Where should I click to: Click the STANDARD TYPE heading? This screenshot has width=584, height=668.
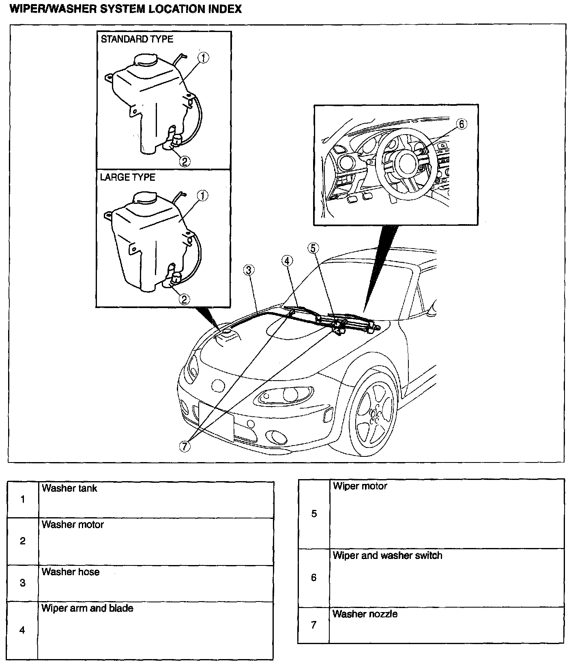pos(137,39)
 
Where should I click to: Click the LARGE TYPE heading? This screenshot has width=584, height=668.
pos(127,178)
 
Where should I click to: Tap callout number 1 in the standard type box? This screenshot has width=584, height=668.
pos(203,58)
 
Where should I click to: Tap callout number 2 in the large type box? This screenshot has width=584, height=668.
pos(184,300)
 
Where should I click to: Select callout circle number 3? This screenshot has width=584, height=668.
pos(249,269)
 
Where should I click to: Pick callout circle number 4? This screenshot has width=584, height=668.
pos(287,261)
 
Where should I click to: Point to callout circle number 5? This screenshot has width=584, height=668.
pos(313,248)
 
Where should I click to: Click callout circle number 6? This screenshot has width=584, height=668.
pos(462,124)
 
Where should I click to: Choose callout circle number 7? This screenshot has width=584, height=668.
pos(185,446)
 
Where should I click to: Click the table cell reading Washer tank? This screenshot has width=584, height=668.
pos(69,488)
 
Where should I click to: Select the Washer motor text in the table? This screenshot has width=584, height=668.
pos(73,525)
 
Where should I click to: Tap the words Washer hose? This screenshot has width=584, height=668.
pos(71,572)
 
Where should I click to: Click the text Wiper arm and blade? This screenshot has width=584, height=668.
pos(87,608)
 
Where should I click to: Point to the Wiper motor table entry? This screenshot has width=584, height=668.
pos(360,486)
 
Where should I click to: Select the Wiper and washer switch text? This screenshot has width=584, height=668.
pos(387,555)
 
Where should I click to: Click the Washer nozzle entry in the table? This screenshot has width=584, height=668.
pos(365,614)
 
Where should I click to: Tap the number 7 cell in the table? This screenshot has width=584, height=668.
pos(313,625)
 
